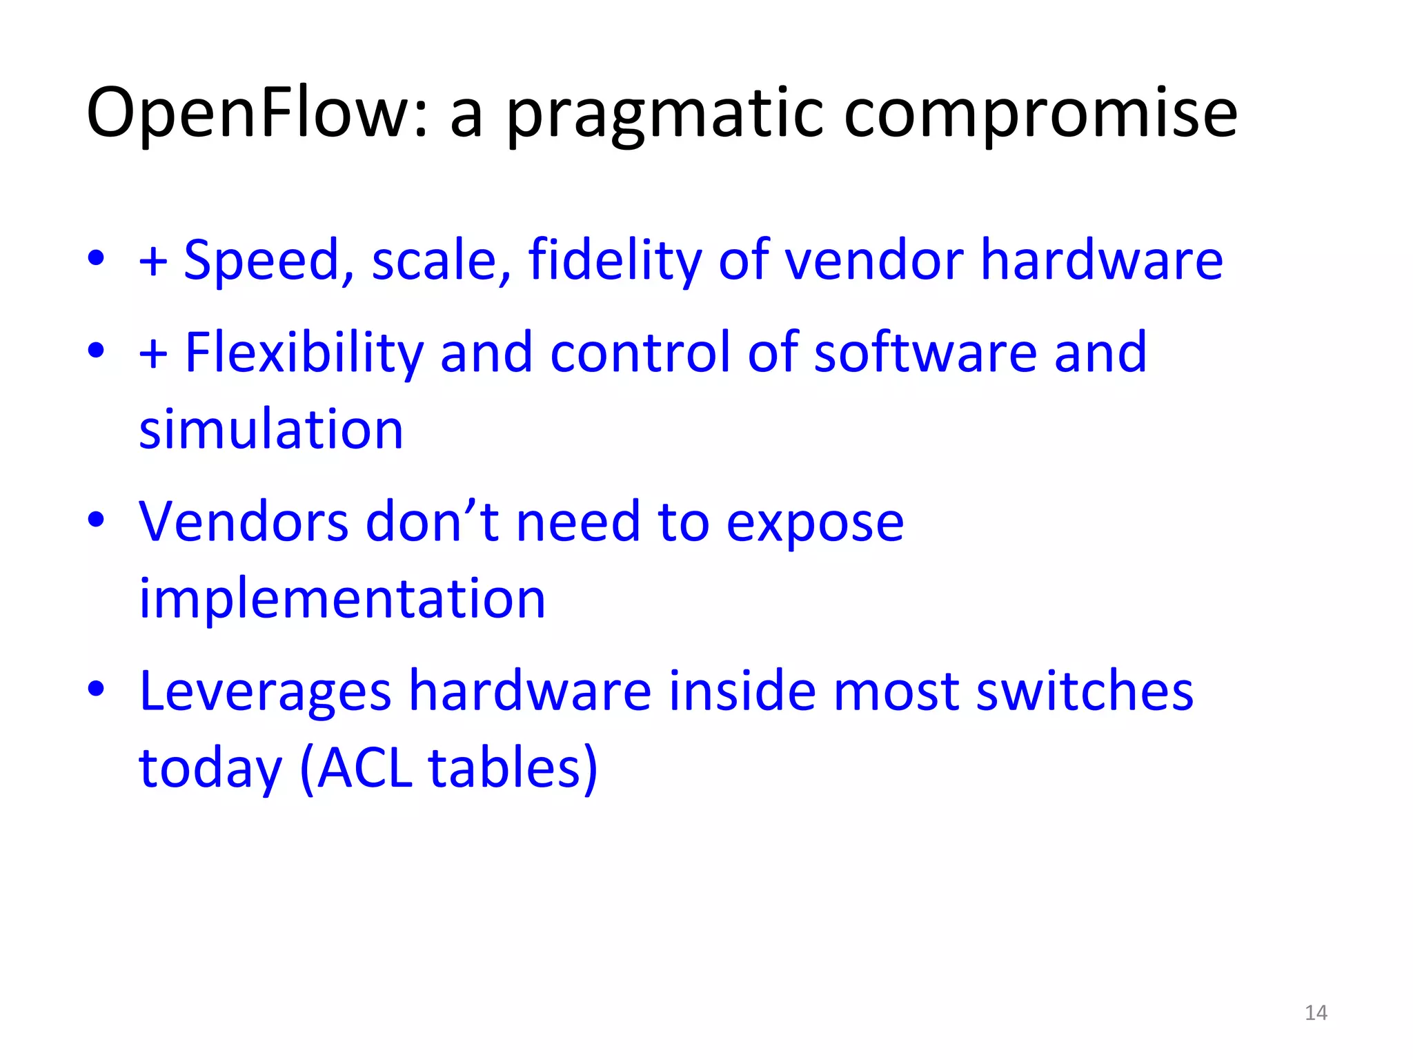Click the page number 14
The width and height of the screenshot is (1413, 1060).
[1316, 1012]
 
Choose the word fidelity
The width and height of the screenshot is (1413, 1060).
[615, 262]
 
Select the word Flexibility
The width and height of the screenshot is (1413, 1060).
[304, 353]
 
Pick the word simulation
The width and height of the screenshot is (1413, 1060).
[271, 429]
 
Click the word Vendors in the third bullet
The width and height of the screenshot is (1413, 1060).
[244, 522]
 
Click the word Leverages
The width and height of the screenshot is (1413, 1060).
[266, 692]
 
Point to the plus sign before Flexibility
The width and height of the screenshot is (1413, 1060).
[153, 354]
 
